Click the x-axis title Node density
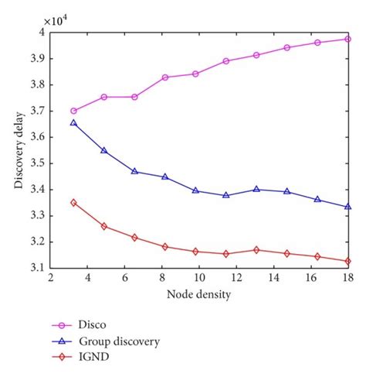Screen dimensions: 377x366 pyautogui.click(x=198, y=295)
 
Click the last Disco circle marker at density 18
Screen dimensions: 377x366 pyautogui.click(x=348, y=39)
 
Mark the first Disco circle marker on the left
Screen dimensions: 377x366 pyautogui.click(x=73, y=111)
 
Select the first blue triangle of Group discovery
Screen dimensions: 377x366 pyautogui.click(x=73, y=122)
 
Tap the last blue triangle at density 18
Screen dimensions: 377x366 pyautogui.click(x=348, y=207)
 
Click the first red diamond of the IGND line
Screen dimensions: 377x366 pyautogui.click(x=73, y=203)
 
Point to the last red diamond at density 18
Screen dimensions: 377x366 pyautogui.click(x=348, y=261)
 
